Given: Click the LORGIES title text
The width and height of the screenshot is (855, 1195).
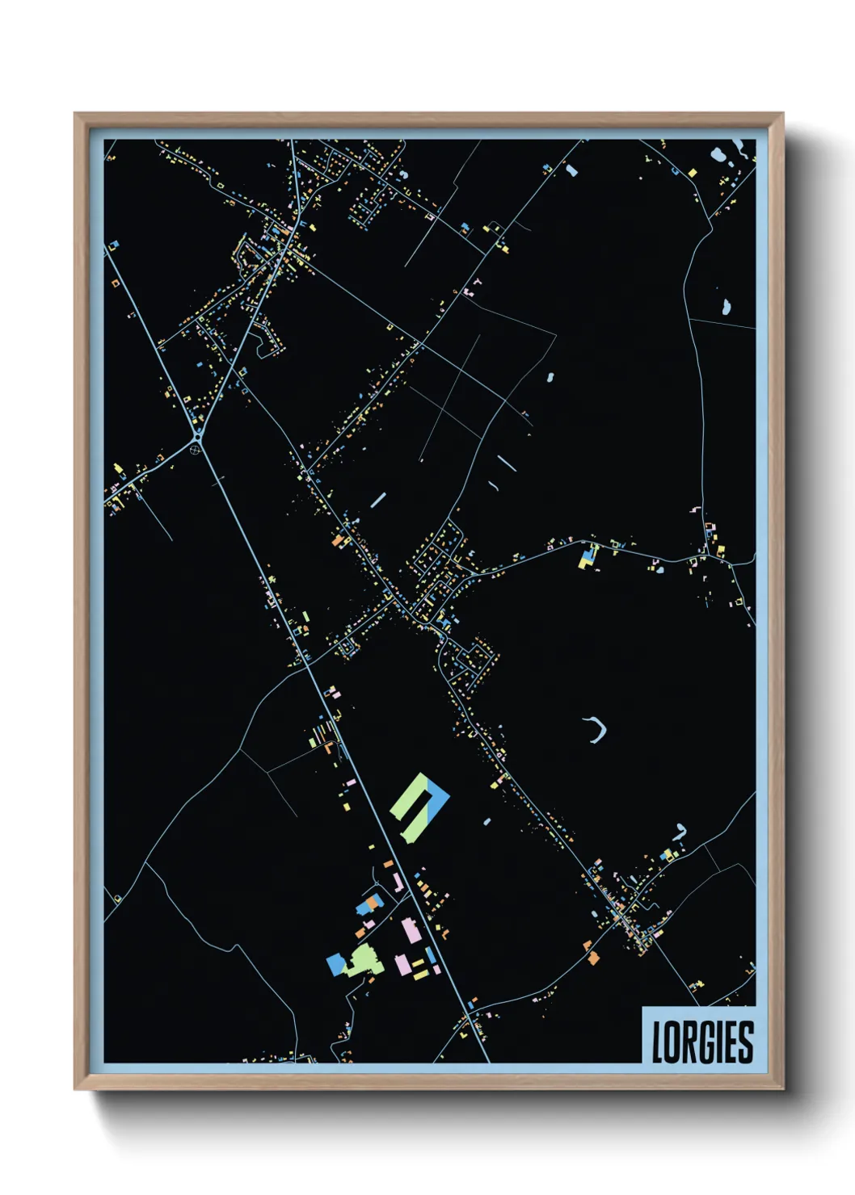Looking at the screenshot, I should (x=701, y=1042).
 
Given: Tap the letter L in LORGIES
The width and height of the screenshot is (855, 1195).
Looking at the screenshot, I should (x=657, y=1042).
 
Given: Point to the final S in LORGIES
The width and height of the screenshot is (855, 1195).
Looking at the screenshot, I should (x=745, y=1042).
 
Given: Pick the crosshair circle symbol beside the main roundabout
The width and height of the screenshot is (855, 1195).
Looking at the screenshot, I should (x=194, y=450).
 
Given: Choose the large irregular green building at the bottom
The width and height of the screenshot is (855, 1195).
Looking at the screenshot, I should (x=362, y=960).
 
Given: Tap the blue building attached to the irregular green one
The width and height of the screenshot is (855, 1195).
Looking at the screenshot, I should (x=335, y=964).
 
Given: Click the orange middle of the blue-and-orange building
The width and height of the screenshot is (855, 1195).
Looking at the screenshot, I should (x=372, y=902).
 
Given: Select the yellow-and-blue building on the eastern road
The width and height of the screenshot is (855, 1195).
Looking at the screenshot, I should (x=588, y=557).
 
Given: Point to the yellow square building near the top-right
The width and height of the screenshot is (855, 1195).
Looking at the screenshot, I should (x=693, y=172).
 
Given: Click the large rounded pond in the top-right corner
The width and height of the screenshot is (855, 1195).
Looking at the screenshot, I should (x=718, y=153).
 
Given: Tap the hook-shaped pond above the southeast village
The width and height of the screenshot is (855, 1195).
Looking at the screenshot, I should (x=680, y=832).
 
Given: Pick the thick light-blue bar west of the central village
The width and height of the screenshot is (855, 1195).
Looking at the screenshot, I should (x=378, y=500).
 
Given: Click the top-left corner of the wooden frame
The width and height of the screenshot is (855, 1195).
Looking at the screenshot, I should (x=75, y=114).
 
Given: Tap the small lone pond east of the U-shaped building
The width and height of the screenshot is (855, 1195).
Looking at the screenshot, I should (x=487, y=822).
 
